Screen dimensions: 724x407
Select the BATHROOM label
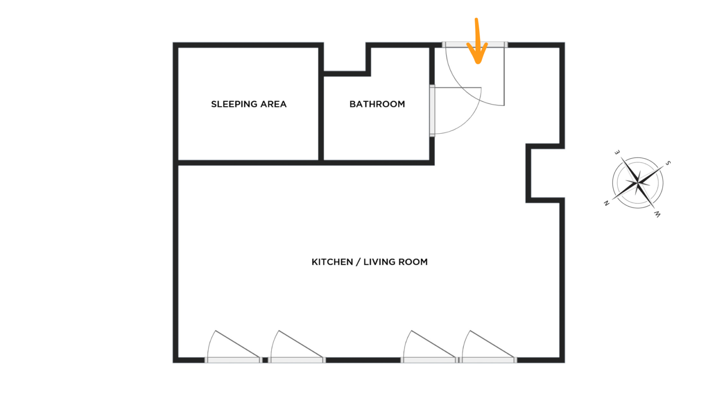377,104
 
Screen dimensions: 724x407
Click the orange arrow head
477,53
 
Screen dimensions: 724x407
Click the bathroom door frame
432,111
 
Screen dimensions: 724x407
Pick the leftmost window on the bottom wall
233,360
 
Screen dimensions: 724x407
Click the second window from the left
297,360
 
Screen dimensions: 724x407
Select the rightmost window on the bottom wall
488,360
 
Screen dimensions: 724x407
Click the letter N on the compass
607,203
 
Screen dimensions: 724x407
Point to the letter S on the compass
668,163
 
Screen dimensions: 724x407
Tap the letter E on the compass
617,152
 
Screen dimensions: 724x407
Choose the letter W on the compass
657,214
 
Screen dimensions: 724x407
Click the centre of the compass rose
638,183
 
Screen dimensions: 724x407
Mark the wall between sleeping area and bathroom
321,104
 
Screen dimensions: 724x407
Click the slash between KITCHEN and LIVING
358,262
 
